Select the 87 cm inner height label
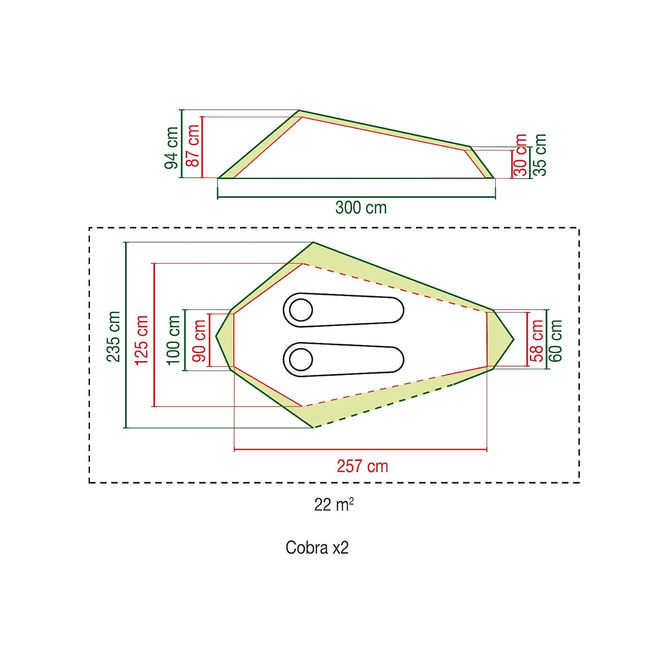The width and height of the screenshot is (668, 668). pyautogui.click(x=193, y=146)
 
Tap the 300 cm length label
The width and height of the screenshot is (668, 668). pyautogui.click(x=361, y=208)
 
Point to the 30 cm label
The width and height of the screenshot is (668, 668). pyautogui.click(x=521, y=155)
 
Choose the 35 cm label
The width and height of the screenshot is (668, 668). pyautogui.click(x=540, y=155)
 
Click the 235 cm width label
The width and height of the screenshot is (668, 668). pyautogui.click(x=114, y=337)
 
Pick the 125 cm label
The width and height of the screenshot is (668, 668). pyautogui.click(x=142, y=340)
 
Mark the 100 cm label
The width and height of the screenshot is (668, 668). pyautogui.click(x=174, y=340)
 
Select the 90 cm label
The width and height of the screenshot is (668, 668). pyautogui.click(x=199, y=341)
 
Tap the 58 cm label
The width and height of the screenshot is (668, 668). pyautogui.click(x=538, y=341)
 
